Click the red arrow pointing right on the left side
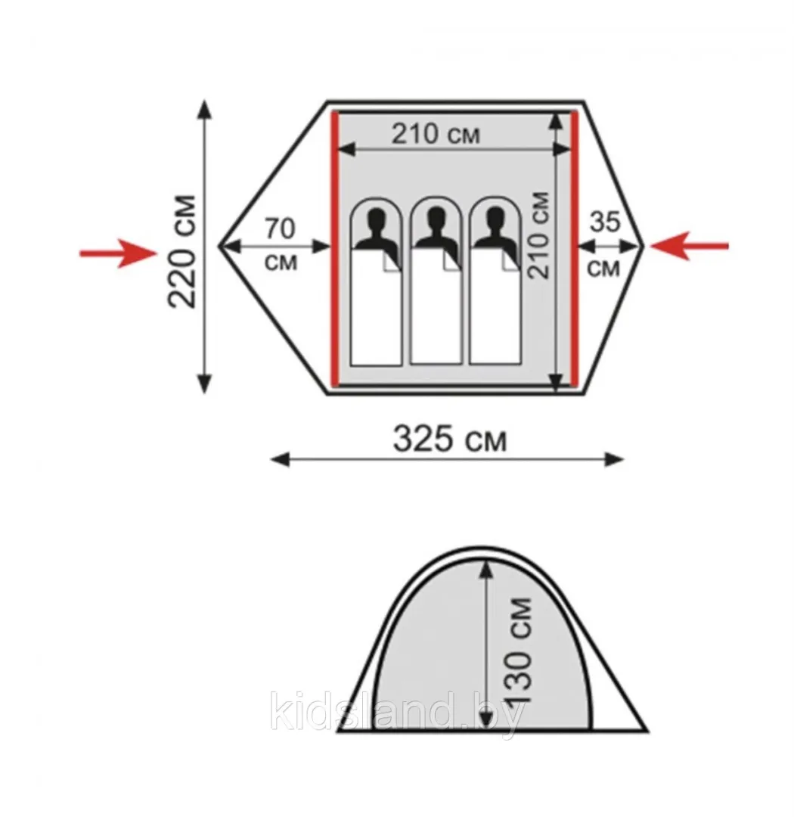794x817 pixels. [x=118, y=253]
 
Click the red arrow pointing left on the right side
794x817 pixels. [x=690, y=246]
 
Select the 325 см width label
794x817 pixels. [x=449, y=439]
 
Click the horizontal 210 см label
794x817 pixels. [x=436, y=134]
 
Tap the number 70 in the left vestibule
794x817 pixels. [x=281, y=228]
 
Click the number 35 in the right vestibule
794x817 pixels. [x=605, y=222]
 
